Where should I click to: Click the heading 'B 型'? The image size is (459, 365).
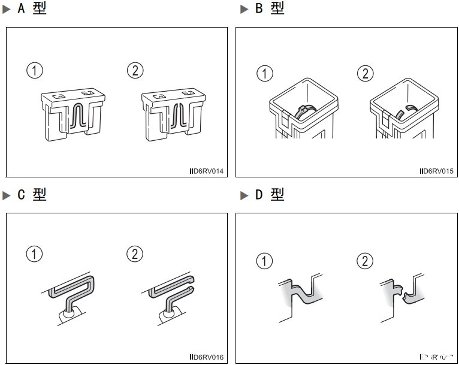[x=268, y=9]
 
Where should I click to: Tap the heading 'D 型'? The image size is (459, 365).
[x=268, y=195]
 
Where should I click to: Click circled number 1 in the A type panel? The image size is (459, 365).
[x=35, y=71]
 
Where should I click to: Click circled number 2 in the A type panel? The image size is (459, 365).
[x=136, y=71]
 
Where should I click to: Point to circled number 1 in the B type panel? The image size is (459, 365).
[x=265, y=74]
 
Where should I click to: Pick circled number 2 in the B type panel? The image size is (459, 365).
[x=365, y=74]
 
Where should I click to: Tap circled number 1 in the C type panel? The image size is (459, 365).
[x=35, y=254]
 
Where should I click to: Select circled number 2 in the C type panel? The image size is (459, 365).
[x=136, y=254]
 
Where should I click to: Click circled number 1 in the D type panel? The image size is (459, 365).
[x=265, y=261]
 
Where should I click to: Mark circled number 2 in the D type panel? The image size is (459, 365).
[x=365, y=261]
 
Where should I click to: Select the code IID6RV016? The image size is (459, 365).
[x=206, y=358]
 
